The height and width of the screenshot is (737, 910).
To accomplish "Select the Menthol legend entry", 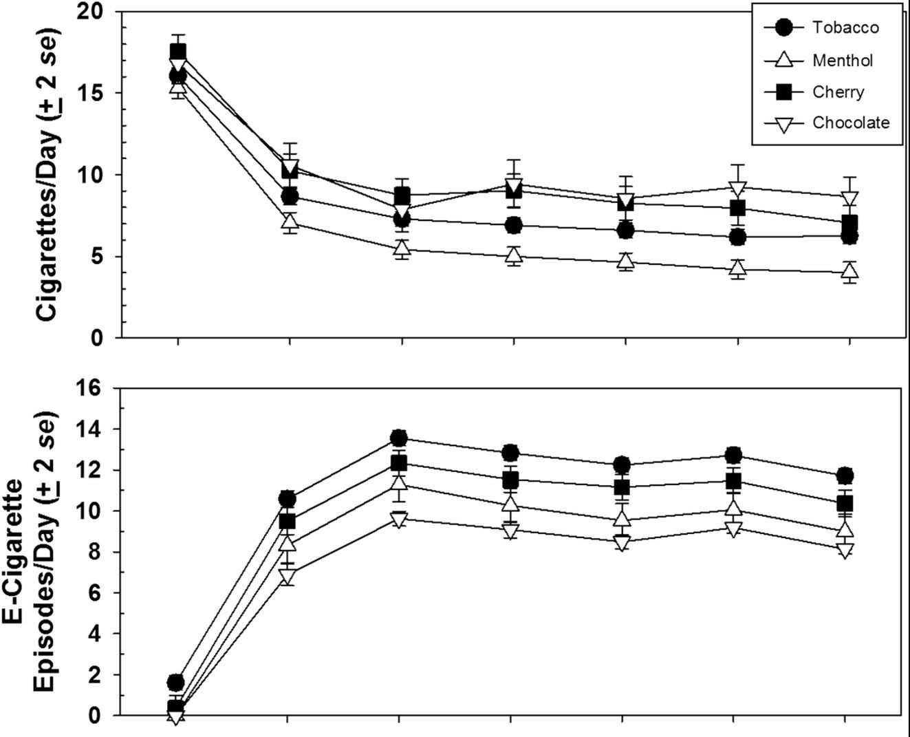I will pyautogui.click(x=843, y=61).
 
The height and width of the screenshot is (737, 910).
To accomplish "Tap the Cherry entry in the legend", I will pyautogui.click(x=838, y=92).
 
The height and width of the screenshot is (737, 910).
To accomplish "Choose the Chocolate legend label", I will pyautogui.click(x=851, y=122).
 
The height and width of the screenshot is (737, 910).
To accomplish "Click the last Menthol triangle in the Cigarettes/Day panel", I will pyautogui.click(x=850, y=272).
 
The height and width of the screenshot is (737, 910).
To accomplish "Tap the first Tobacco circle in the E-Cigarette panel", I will pyautogui.click(x=176, y=682).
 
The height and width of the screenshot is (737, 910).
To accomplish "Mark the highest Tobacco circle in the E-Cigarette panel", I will pyautogui.click(x=399, y=438).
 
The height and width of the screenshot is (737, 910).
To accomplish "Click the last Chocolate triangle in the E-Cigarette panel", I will pyautogui.click(x=845, y=550).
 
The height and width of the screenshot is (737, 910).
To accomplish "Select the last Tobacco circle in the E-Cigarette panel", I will pyautogui.click(x=845, y=476).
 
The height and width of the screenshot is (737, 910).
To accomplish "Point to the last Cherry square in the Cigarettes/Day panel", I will pyautogui.click(x=850, y=223).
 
